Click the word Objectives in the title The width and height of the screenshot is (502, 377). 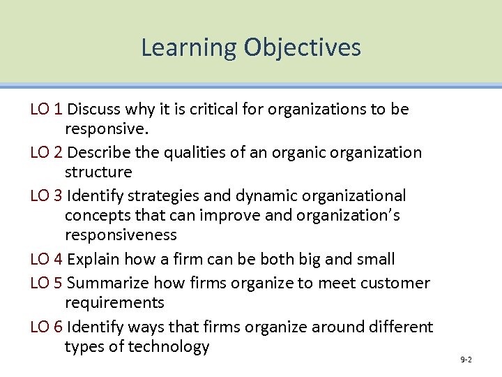pyautogui.click(x=303, y=47)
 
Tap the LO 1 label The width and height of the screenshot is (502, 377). pyautogui.click(x=47, y=109)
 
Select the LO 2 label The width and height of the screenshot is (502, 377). pyautogui.click(x=47, y=152)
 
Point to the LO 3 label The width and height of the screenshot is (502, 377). pyautogui.click(x=47, y=195)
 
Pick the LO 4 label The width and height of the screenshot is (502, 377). pyautogui.click(x=47, y=260)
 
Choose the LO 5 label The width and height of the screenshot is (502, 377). pyautogui.click(x=47, y=283)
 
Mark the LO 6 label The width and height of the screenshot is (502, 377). pyautogui.click(x=47, y=326)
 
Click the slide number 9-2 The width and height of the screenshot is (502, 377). pyautogui.click(x=466, y=360)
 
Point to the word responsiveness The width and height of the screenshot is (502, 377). pyautogui.click(x=121, y=235)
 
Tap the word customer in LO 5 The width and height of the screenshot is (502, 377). pyautogui.click(x=397, y=283)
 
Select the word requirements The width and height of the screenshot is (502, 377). pyautogui.click(x=114, y=303)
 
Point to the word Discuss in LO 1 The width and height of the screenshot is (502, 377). pyautogui.click(x=93, y=109)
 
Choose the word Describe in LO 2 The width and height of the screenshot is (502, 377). pyautogui.click(x=98, y=152)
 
